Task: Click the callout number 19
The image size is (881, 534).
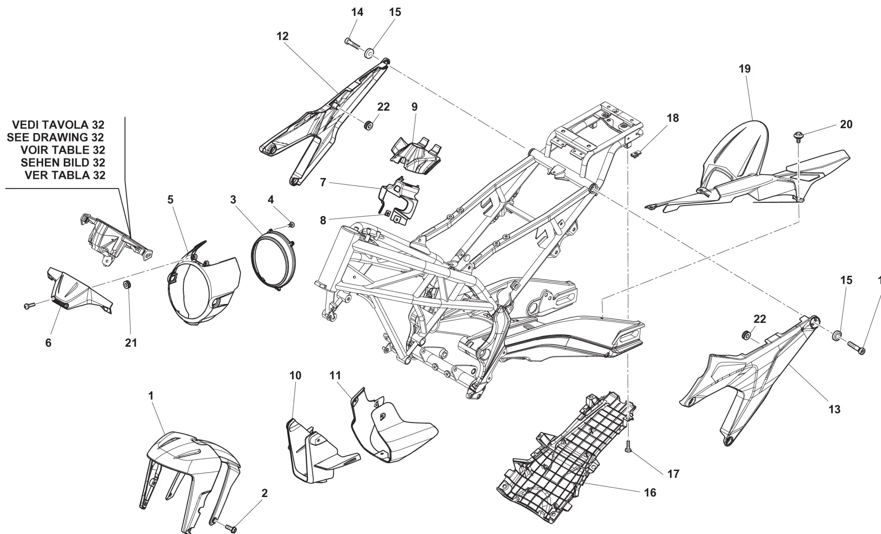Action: [x=744, y=69]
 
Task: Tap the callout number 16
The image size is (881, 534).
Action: [x=650, y=493]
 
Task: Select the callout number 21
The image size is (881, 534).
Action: [x=131, y=342]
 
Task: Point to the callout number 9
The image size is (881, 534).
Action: [x=414, y=107]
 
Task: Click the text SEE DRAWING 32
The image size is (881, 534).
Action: [x=56, y=137]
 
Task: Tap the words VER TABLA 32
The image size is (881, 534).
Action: [x=65, y=175]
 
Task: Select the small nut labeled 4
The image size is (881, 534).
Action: [x=291, y=225]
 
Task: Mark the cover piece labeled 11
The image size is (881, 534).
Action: [x=392, y=430]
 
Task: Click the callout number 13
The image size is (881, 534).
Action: [x=834, y=409]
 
